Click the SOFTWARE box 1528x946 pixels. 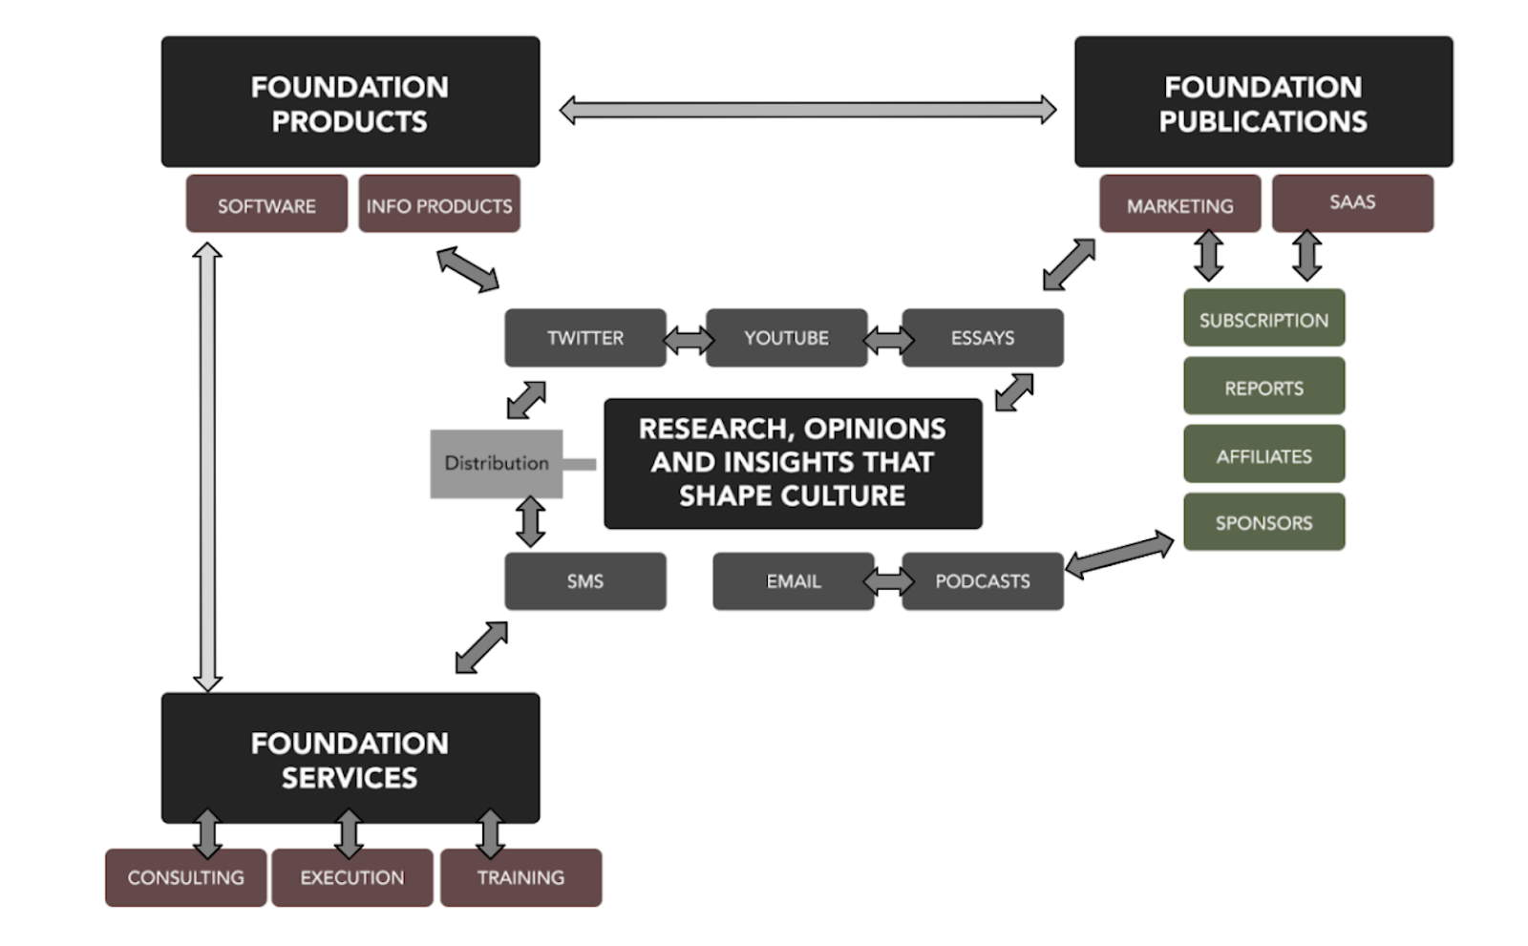266,204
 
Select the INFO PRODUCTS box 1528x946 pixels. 439,204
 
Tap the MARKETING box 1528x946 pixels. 1179,204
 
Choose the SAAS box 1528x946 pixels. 1352,202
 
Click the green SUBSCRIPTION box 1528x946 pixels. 1263,319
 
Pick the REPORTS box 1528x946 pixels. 1263,387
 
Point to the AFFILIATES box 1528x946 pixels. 1263,454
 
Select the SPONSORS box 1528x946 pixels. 1263,522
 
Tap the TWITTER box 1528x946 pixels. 585,338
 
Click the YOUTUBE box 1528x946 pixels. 786,338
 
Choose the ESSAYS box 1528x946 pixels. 982,338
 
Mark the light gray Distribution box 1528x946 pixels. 496,464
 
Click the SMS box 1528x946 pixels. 585,581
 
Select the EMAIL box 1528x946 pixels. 793,581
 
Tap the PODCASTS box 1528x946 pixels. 982,581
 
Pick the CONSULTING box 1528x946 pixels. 185,877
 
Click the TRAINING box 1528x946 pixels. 520,877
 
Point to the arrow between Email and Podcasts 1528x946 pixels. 888,581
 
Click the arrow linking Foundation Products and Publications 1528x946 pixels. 807,110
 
